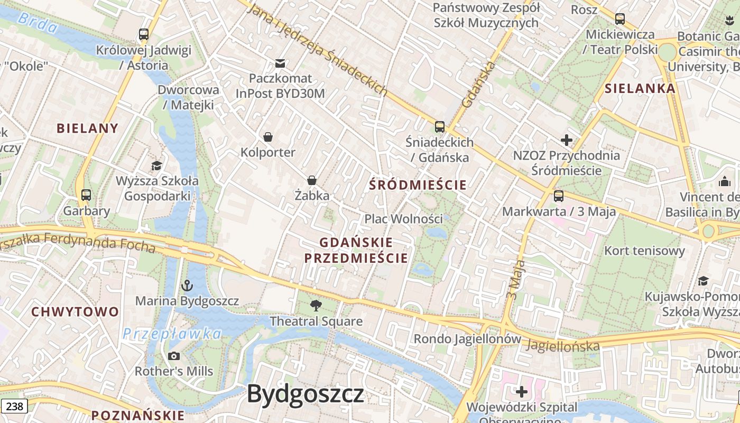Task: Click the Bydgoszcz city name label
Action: pos(306,394)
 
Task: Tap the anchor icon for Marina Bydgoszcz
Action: pos(187,286)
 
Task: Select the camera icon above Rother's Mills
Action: pos(173,356)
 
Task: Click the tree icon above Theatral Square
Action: pos(316,305)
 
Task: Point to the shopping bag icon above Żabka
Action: pos(312,180)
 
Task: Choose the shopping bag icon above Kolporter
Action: pos(268,137)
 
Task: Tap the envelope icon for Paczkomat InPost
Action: pos(280,63)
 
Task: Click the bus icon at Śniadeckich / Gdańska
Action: pos(439,127)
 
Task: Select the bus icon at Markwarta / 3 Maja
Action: pos(558,197)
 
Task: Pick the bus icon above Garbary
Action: pos(86,195)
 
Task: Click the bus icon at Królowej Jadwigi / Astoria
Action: pos(143,35)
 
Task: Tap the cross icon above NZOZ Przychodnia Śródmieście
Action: pos(567,140)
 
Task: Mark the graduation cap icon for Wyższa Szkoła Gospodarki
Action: pos(156,166)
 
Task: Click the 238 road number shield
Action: pos(14,406)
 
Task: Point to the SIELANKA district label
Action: pos(640,88)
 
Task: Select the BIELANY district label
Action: pos(87,128)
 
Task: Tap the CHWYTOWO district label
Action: pos(75,311)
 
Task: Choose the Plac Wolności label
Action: pos(403,218)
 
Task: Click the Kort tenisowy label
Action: pos(644,251)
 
